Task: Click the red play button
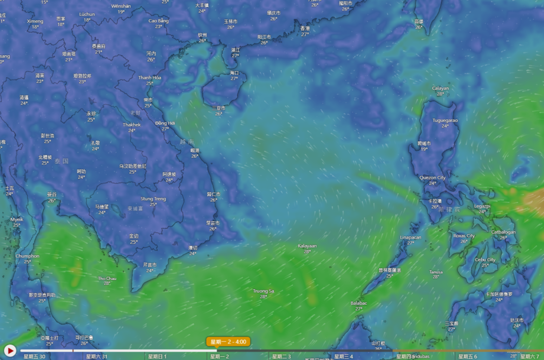point(10,350)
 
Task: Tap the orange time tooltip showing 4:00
point(228,341)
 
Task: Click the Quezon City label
point(432,178)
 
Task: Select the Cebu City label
point(485,260)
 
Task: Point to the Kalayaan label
point(307,246)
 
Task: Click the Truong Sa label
point(263,291)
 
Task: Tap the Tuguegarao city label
point(445,120)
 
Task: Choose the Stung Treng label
point(153,199)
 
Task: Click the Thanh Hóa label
point(150,78)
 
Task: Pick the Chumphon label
point(28,256)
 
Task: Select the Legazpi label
point(482,205)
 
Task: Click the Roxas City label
point(464,235)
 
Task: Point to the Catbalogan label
point(503,232)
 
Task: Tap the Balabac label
point(359,303)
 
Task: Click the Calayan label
point(440,88)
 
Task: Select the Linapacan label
point(410,237)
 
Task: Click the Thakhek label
point(132,125)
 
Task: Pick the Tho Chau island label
point(107,278)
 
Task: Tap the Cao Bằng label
point(158,21)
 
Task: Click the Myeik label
point(16,219)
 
